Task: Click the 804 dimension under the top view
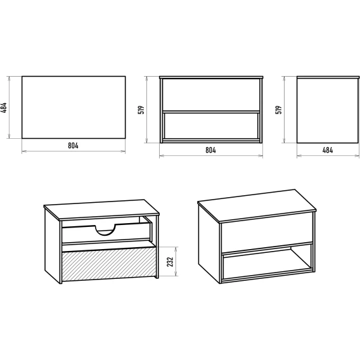click(x=73, y=146)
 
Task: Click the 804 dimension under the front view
click(x=210, y=150)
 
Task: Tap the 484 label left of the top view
click(x=4, y=108)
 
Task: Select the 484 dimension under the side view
click(x=328, y=150)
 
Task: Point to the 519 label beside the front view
click(x=141, y=110)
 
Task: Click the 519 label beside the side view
click(x=278, y=110)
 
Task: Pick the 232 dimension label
click(x=170, y=262)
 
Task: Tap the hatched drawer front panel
click(x=109, y=264)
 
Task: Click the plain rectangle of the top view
click(x=74, y=107)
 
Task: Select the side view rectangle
click(x=328, y=110)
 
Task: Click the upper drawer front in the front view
click(x=211, y=94)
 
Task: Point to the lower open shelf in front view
click(x=211, y=126)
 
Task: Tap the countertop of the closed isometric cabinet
click(x=257, y=205)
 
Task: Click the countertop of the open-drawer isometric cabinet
click(x=101, y=210)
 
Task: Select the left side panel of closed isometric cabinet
click(x=209, y=243)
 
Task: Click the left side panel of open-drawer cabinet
click(x=52, y=245)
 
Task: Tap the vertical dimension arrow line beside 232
click(x=176, y=261)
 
